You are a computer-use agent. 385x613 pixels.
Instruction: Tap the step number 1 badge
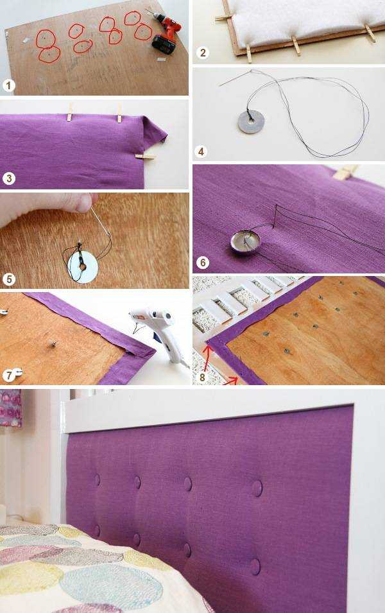pyautogui.click(x=8, y=85)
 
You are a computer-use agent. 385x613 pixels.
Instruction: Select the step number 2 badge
pyautogui.click(x=202, y=52)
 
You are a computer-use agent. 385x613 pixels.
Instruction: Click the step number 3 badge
pyautogui.click(x=8, y=178)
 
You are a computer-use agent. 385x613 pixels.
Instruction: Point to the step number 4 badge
pyautogui.click(x=201, y=151)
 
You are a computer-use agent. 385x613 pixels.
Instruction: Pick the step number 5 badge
pyautogui.click(x=8, y=279)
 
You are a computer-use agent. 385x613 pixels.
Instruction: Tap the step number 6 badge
pyautogui.click(x=202, y=263)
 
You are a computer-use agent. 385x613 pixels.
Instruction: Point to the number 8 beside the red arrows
pyautogui.click(x=202, y=377)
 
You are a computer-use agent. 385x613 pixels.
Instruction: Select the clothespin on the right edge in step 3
pyautogui.click(x=145, y=157)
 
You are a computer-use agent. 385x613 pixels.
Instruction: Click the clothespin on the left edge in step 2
pyautogui.click(x=223, y=17)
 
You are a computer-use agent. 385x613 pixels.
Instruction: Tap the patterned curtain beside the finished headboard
pyautogui.click(x=10, y=408)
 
